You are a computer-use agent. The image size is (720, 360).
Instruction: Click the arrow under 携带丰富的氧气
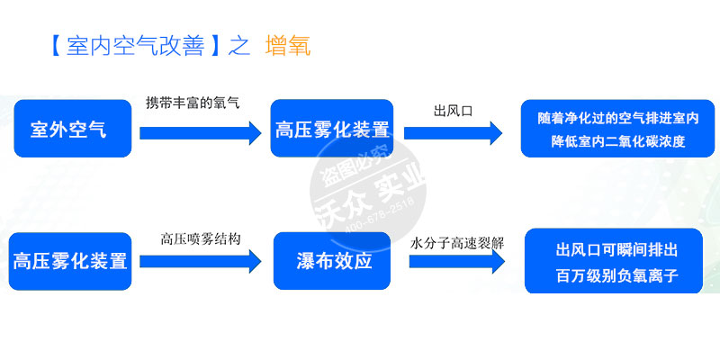[x=199, y=133]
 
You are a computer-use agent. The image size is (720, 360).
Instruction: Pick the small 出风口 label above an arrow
[x=453, y=111]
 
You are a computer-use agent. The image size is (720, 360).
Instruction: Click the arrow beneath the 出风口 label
[x=453, y=133]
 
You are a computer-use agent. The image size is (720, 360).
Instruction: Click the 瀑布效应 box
[x=334, y=262]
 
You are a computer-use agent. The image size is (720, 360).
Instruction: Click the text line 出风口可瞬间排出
[x=616, y=249]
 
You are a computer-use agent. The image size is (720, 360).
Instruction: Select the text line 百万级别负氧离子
[x=616, y=276]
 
